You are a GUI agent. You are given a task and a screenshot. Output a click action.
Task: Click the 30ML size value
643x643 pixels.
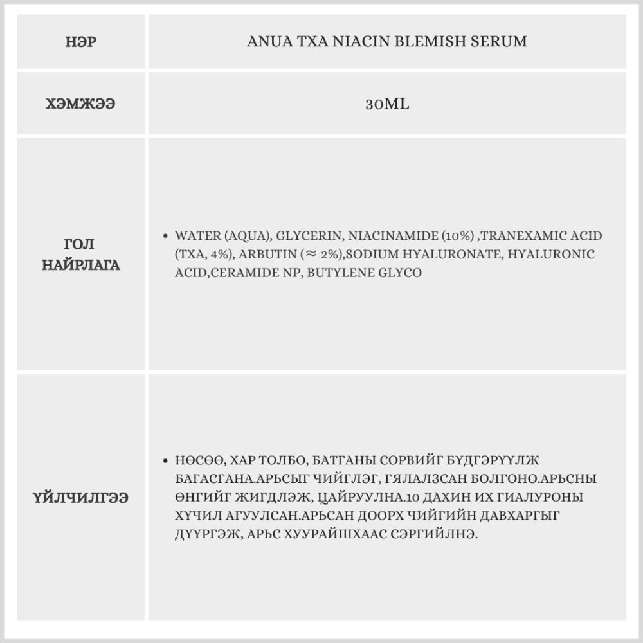[387, 104]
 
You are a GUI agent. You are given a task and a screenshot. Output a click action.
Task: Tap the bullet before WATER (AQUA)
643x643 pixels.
[166, 236]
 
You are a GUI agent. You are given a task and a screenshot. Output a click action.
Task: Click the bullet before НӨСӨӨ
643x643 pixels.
[166, 460]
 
